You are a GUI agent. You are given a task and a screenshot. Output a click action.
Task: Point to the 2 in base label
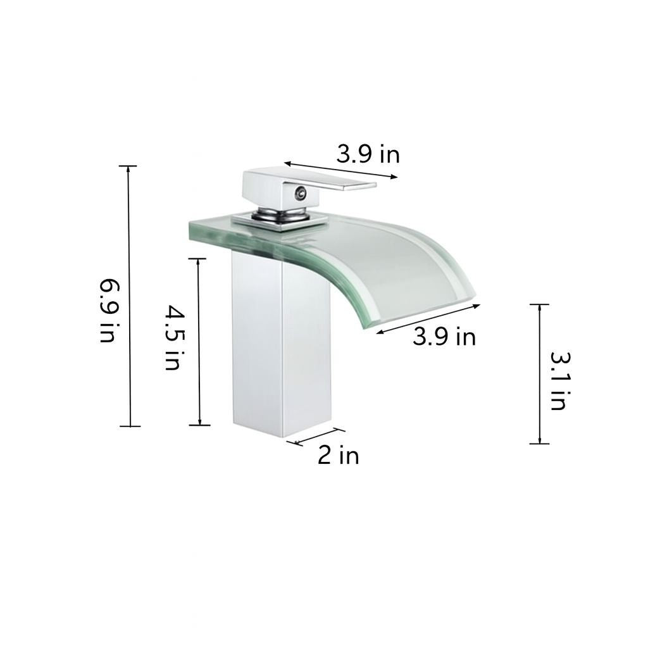coord(338,455)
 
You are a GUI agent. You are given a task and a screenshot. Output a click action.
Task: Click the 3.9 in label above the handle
coord(368,154)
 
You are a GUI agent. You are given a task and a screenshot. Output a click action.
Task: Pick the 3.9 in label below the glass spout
coord(444,337)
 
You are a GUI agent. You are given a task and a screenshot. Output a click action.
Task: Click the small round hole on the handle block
coord(299,192)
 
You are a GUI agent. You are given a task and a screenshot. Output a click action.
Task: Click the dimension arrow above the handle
coord(340,170)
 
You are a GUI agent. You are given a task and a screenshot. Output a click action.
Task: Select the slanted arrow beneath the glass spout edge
coord(428,318)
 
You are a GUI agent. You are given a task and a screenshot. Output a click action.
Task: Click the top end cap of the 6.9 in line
coord(128,166)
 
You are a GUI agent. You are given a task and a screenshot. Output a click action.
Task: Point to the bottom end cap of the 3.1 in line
coord(539,444)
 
